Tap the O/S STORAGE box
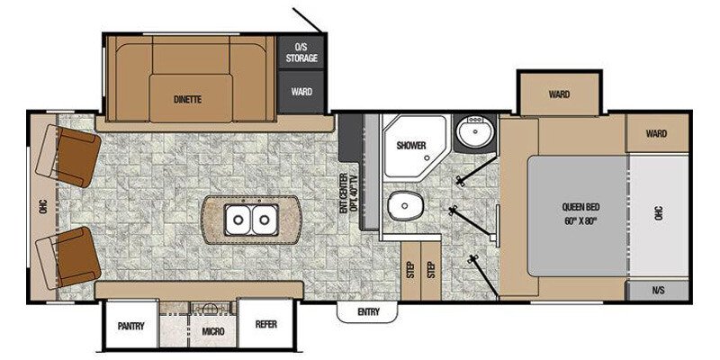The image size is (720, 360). [x=301, y=52]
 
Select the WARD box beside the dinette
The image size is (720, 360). [x=301, y=92]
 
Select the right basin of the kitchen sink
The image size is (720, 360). [x=264, y=217]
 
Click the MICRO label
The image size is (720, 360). [x=212, y=332]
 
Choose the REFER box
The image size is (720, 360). [x=265, y=325]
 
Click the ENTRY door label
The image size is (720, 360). [x=368, y=312]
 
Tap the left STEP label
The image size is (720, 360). [x=410, y=269]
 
